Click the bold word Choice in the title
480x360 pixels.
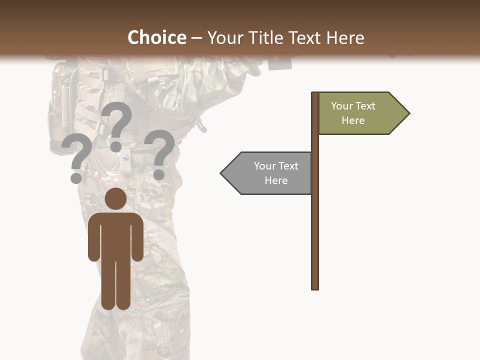[156, 37]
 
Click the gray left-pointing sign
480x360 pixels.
[270, 173]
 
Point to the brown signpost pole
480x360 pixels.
[315, 225]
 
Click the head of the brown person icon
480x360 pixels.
[115, 199]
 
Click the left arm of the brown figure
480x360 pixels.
[93, 240]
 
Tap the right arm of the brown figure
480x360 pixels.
[137, 240]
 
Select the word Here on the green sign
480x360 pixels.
[353, 120]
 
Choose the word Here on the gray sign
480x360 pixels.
[276, 180]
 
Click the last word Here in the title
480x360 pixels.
[345, 37]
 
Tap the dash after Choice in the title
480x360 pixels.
[196, 38]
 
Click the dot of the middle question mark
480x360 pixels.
[115, 146]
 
